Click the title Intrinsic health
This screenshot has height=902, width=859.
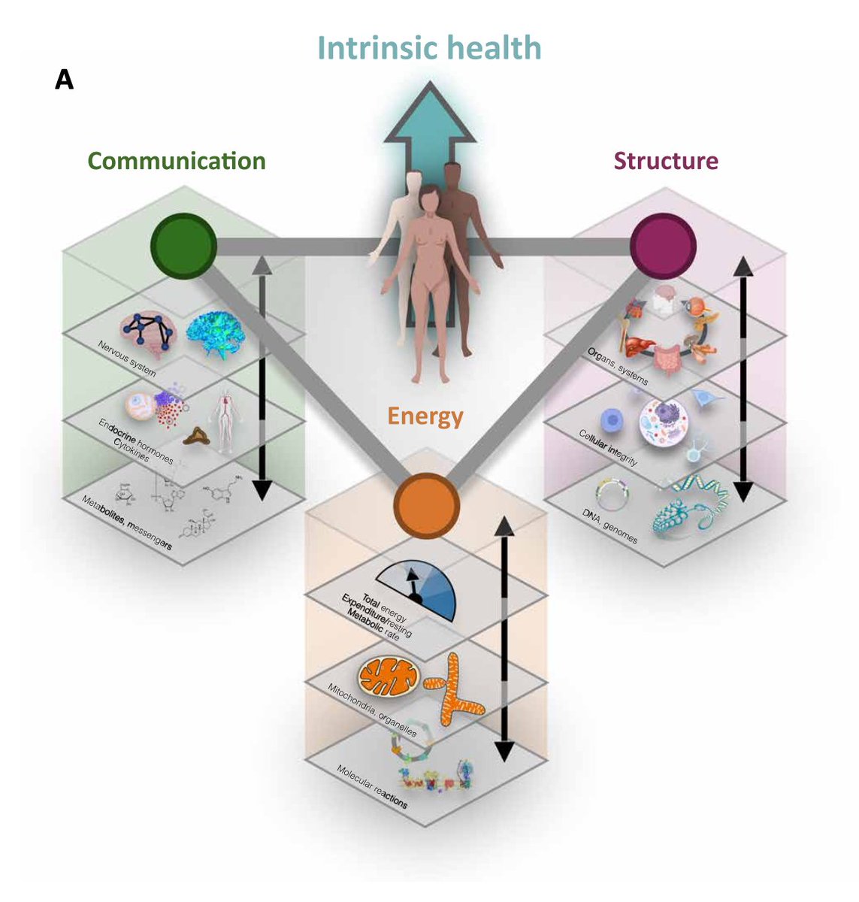tap(429, 48)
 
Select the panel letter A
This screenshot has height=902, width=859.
tap(64, 80)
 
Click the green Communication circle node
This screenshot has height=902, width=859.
tap(183, 246)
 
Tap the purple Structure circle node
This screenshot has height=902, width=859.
tap(663, 246)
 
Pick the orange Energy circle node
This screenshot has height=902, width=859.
tap(426, 506)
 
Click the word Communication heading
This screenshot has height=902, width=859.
tap(177, 161)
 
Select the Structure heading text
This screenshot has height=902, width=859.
tap(665, 161)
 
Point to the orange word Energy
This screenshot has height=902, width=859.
tap(425, 416)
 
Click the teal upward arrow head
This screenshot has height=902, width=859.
tap(429, 113)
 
